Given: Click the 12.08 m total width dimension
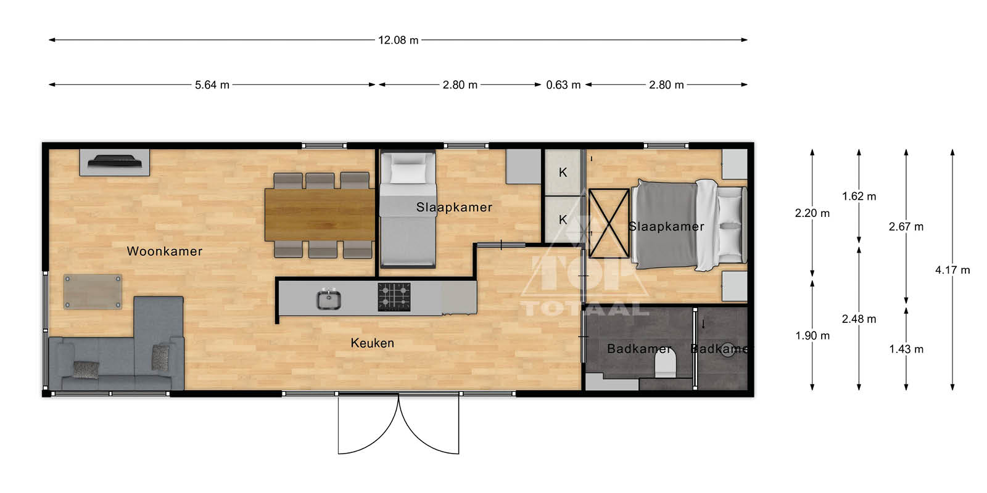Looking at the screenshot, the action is coord(399,40).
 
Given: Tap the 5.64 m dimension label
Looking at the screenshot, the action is coord(212,84).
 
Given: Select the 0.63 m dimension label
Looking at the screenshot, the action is coord(563,84).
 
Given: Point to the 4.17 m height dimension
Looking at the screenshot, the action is coord(952,270).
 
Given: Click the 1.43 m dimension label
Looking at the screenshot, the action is coord(906,349).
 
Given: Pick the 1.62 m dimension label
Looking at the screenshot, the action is coord(859,197).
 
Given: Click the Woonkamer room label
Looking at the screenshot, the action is coord(164,251).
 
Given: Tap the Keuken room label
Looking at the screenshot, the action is coord(373,343).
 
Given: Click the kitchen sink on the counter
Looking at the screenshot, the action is coord(329,299).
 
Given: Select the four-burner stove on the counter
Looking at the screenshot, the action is coord(394,296).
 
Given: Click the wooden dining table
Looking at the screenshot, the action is coord(320,215).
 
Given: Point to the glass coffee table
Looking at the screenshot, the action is coord(93,292).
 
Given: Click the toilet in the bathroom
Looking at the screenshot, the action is coord(665,364).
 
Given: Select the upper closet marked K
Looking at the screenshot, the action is coord(563,173).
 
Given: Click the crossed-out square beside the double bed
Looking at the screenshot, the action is coord(608,223).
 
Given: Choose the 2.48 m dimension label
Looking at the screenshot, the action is coord(859,319).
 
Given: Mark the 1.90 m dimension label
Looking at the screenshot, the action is coord(812,336).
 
